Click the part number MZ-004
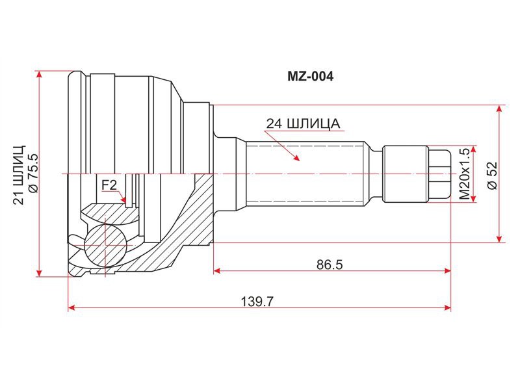tap(310, 77)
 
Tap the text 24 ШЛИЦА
tap(304, 123)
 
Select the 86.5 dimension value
tap(330, 265)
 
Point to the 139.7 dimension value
tap(257, 302)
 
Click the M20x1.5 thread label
tap(464, 174)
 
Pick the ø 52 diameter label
tap(493, 175)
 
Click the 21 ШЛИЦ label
tap(19, 174)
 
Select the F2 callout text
tap(109, 185)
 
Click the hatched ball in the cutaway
tap(105, 245)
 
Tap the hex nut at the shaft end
tap(438, 174)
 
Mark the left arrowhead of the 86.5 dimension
tap(216, 271)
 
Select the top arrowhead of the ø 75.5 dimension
tap(40, 74)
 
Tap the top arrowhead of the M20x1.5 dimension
tap(476, 149)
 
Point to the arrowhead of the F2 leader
tap(124, 200)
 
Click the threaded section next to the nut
tap(404, 174)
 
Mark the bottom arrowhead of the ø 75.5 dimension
tap(40, 273)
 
